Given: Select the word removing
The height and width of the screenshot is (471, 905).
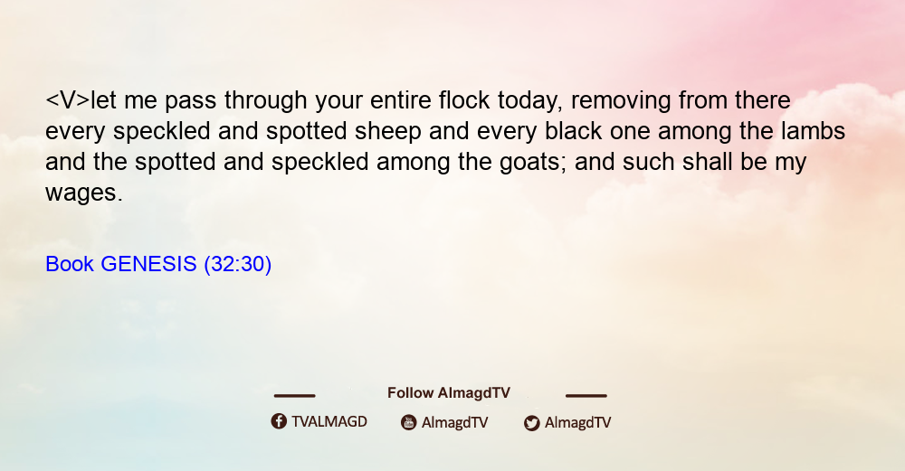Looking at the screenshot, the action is (x=621, y=101).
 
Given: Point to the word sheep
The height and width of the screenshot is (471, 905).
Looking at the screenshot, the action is (x=388, y=132).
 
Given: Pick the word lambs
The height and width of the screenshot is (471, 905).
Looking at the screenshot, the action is (x=814, y=131).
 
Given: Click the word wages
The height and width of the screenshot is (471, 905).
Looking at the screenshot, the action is (x=84, y=193).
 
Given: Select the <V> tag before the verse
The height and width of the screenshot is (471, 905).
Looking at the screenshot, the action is (x=68, y=100).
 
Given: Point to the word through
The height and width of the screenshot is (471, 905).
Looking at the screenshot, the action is (x=265, y=101).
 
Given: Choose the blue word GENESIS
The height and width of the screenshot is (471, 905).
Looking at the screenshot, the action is (x=149, y=264).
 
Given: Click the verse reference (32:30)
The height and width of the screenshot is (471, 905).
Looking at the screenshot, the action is (x=238, y=265).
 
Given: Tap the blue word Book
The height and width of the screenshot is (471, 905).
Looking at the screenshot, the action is (x=70, y=264).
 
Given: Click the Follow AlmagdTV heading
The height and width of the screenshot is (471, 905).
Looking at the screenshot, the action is (x=449, y=393).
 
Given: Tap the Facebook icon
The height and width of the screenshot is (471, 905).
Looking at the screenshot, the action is (x=279, y=421).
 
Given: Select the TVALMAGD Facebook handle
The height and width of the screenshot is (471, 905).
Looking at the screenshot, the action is (x=329, y=422).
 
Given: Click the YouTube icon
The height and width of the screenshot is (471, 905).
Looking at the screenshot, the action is (x=409, y=422).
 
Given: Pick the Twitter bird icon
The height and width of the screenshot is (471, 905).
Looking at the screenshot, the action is (x=531, y=423).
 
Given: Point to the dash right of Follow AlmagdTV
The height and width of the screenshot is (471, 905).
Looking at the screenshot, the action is (x=586, y=395).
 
